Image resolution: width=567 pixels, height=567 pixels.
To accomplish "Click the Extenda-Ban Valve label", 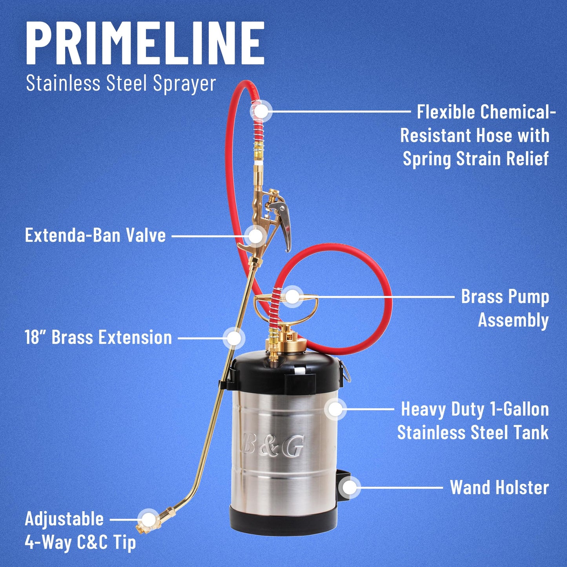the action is pyautogui.click(x=95, y=236).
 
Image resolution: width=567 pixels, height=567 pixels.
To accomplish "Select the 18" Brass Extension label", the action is pyautogui.click(x=98, y=337).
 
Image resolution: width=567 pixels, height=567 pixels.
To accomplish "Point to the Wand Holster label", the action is pyautogui.click(x=500, y=488).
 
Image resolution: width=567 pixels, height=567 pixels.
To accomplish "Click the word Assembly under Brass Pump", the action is pyautogui.click(x=514, y=320).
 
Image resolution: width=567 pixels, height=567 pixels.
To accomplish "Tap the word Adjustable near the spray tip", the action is pyautogui.click(x=64, y=519).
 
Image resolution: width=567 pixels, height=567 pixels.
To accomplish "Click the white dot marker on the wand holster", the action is pyautogui.click(x=349, y=487).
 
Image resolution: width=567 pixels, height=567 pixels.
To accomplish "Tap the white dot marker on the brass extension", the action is pyautogui.click(x=234, y=338).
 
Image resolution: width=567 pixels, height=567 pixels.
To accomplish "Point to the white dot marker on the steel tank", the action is pyautogui.click(x=335, y=409).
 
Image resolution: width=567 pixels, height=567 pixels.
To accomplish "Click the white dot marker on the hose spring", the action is pyautogui.click(x=261, y=111).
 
